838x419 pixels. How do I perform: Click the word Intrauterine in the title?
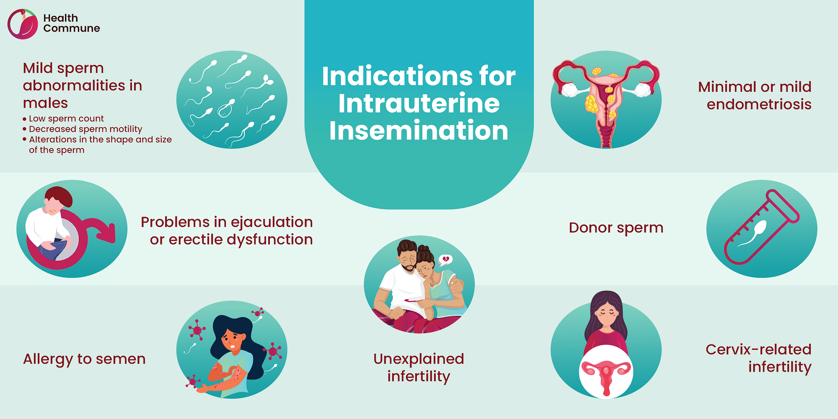click(x=419, y=103)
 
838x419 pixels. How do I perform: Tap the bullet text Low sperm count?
click(x=66, y=119)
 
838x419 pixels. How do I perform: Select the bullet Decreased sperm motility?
click(x=85, y=129)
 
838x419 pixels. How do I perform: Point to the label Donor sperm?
click(x=616, y=228)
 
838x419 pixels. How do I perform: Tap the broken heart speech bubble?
click(x=445, y=260)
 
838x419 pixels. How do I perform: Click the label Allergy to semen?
click(x=84, y=359)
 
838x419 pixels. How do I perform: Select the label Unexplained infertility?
click(x=419, y=367)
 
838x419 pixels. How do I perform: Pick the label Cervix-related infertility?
click(x=758, y=358)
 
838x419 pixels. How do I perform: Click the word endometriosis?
click(x=759, y=104)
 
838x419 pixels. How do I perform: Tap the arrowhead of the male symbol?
click(x=108, y=233)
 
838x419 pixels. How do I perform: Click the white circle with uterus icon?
click(x=606, y=371)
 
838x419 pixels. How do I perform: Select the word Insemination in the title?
click(x=419, y=131)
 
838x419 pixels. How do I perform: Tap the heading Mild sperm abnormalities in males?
click(x=83, y=85)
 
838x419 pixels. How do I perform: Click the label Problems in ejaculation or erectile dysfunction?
click(x=227, y=231)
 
